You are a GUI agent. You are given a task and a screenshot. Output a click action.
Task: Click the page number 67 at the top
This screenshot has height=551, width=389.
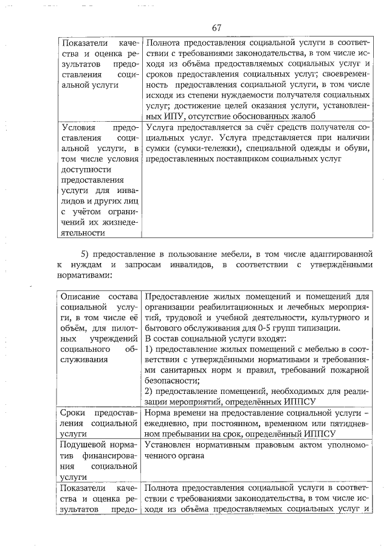pos(217,28)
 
